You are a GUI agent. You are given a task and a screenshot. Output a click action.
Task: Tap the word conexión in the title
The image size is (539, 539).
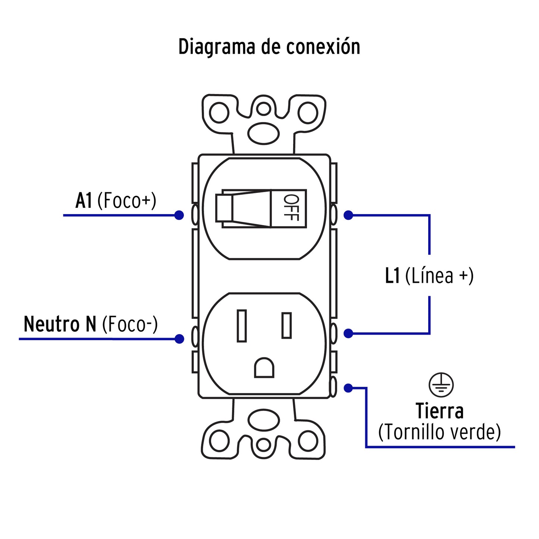[x=323, y=47]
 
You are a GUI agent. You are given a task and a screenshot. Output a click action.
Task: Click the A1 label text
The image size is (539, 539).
[x=84, y=201]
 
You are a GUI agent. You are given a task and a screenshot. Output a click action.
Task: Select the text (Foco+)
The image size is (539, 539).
[x=127, y=201]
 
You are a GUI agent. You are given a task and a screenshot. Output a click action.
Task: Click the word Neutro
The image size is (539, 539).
[x=51, y=324]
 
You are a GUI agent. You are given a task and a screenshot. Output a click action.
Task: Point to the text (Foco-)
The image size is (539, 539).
[x=130, y=324]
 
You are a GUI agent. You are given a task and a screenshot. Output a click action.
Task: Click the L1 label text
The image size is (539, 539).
[x=392, y=276]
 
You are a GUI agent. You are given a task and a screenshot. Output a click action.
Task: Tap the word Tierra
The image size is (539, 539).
[x=440, y=411]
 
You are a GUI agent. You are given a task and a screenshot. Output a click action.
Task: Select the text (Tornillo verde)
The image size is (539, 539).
[x=439, y=432]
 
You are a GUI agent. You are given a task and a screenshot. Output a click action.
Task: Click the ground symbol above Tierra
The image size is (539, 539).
[x=441, y=385]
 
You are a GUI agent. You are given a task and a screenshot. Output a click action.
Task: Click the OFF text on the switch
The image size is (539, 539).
[x=291, y=208]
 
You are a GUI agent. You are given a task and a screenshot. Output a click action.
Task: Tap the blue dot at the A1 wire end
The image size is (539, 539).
[x=179, y=215]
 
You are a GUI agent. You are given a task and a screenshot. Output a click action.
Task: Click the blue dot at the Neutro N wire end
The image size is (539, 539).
[x=179, y=339]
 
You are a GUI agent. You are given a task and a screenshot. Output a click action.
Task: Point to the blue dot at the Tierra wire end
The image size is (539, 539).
[x=348, y=388]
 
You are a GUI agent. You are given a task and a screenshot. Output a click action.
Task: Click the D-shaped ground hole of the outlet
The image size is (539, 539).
[x=264, y=368]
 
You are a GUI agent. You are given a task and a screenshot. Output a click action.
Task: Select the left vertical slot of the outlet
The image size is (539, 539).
[x=242, y=326]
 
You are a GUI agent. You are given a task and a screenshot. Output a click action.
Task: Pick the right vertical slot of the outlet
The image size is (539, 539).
[x=286, y=325]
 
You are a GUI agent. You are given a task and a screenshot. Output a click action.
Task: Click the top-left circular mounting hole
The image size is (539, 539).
[x=219, y=113]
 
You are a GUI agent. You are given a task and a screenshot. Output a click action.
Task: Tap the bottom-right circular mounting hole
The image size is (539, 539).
[x=308, y=441]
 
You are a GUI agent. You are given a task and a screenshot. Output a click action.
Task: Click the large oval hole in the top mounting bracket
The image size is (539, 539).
[x=264, y=134]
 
